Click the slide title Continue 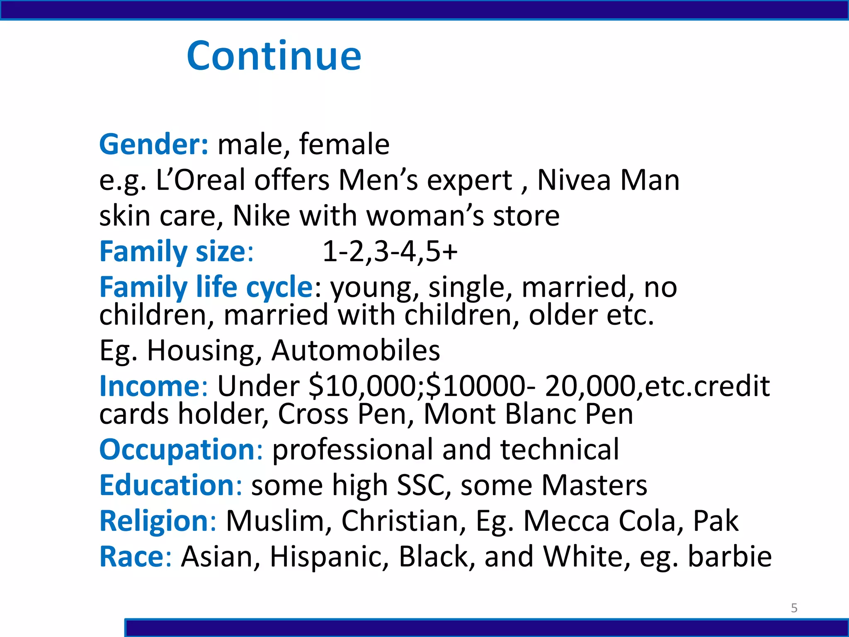[x=274, y=56]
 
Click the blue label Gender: [x=154, y=144]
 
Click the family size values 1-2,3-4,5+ [x=390, y=251]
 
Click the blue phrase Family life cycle [x=206, y=287]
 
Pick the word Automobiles [x=355, y=350]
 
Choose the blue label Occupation [x=177, y=450]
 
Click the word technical [x=560, y=450]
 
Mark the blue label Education [x=167, y=485]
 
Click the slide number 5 [x=794, y=608]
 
